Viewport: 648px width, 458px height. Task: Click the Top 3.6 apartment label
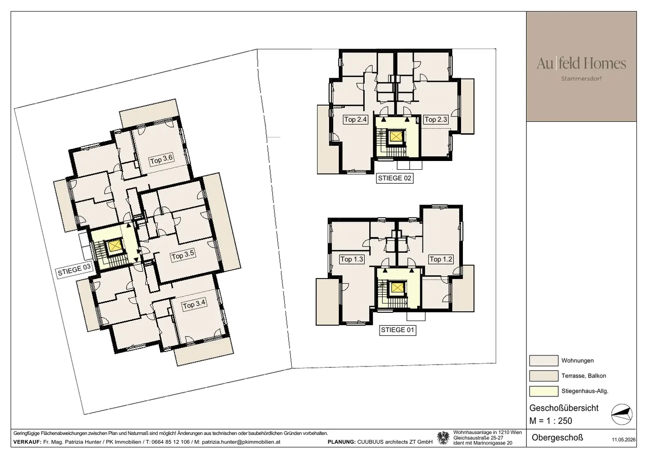pyautogui.click(x=162, y=159)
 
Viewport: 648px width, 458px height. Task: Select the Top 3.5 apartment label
pyautogui.click(x=183, y=255)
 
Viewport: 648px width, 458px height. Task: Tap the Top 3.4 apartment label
pyautogui.click(x=194, y=304)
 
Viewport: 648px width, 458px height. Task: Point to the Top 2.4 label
pyautogui.click(x=355, y=119)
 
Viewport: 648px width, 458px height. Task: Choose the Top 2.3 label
pyautogui.click(x=436, y=119)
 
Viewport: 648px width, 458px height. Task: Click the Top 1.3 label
pyautogui.click(x=352, y=259)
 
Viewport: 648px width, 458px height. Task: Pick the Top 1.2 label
pyautogui.click(x=441, y=259)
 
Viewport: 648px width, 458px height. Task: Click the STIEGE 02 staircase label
pyautogui.click(x=394, y=178)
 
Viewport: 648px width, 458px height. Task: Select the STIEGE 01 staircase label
pyautogui.click(x=398, y=330)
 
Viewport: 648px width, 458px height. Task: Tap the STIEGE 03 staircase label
pyautogui.click(x=75, y=270)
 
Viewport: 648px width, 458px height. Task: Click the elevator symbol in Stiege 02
pyautogui.click(x=395, y=136)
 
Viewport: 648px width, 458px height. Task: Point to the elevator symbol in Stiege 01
pyautogui.click(x=397, y=288)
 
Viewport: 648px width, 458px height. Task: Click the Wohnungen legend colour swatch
pyautogui.click(x=543, y=360)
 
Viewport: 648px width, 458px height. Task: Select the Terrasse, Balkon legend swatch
pyautogui.click(x=543, y=376)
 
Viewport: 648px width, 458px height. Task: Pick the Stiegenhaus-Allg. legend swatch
pyautogui.click(x=543, y=391)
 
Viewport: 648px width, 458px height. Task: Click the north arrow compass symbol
pyautogui.click(x=622, y=415)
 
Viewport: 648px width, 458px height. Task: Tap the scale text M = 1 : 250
pyautogui.click(x=550, y=421)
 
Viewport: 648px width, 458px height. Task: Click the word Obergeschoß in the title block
pyautogui.click(x=557, y=438)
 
